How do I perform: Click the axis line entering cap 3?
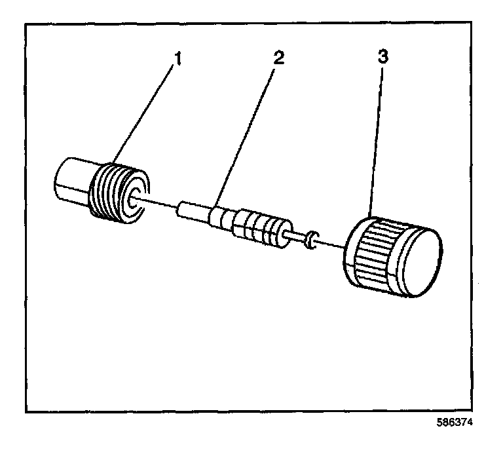[x=331, y=246]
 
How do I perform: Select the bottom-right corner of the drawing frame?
[x=472, y=410]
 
